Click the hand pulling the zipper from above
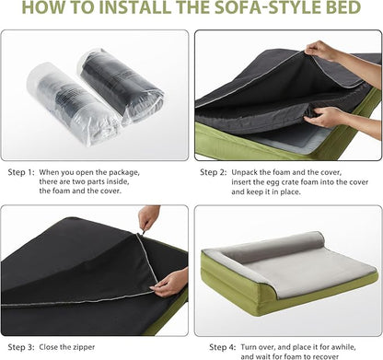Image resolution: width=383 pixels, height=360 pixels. [x=148, y=218]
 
